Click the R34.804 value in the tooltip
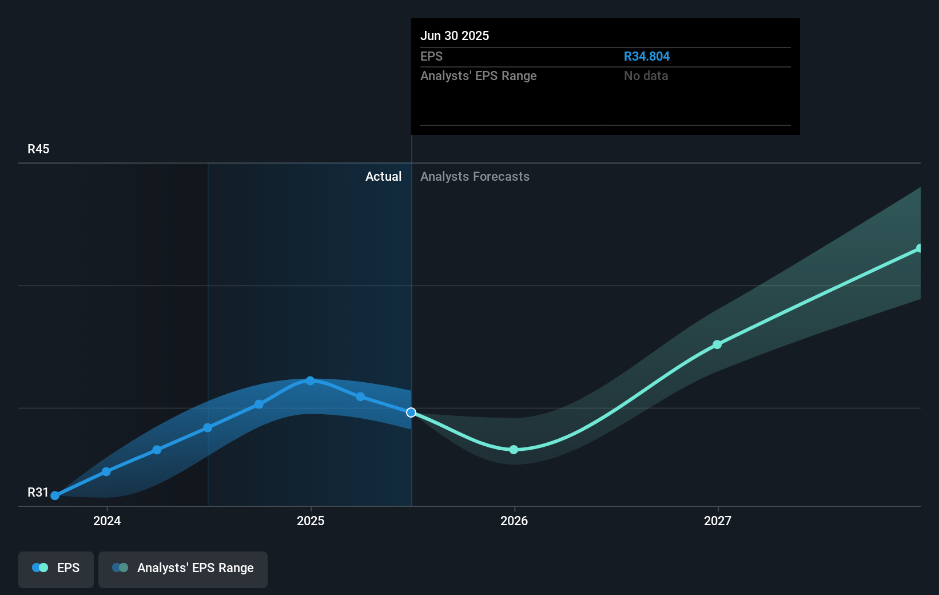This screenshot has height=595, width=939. click(646, 57)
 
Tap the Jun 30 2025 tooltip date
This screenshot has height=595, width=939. click(455, 36)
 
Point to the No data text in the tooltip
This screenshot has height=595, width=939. click(646, 76)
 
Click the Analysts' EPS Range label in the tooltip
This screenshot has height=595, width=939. click(478, 76)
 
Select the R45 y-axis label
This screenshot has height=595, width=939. click(38, 149)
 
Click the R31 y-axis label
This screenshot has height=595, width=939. click(38, 493)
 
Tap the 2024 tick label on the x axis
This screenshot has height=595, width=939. click(107, 521)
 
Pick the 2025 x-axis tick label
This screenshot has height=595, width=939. click(311, 521)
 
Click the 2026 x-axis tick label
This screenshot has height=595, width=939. click(514, 521)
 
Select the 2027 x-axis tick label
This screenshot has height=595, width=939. click(718, 521)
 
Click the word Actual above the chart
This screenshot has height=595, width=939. click(383, 177)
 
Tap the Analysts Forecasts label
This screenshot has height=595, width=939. click(475, 177)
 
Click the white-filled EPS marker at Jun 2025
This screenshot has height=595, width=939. click(411, 412)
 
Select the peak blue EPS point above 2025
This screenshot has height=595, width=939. click(310, 381)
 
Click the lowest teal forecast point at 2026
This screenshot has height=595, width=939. click(514, 450)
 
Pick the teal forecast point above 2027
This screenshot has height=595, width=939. click(717, 344)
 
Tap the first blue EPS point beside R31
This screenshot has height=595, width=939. click(55, 495)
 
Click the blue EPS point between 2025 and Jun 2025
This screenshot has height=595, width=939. click(360, 396)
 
